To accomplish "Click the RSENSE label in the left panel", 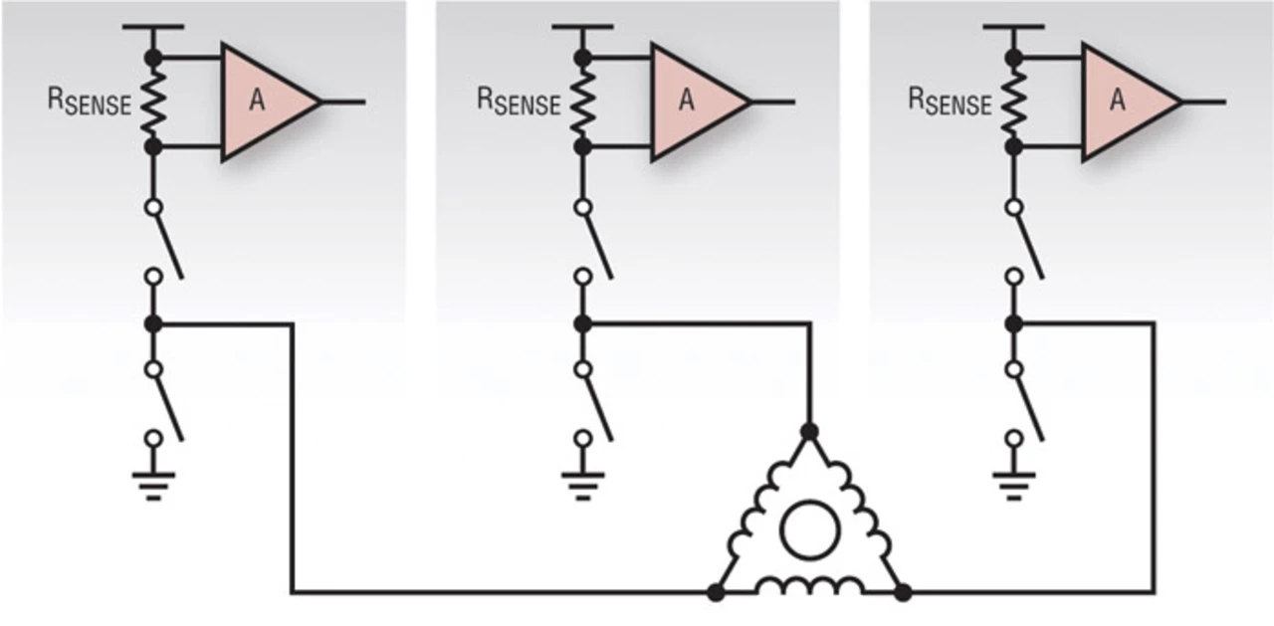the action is [x=90, y=102].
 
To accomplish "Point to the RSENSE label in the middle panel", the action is [x=519, y=102].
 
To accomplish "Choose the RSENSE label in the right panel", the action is [x=950, y=102].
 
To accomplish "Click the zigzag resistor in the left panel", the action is [x=153, y=103].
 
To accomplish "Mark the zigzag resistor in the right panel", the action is [x=1014, y=103].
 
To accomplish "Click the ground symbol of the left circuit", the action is [x=153, y=486].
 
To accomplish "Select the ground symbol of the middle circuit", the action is [x=583, y=486].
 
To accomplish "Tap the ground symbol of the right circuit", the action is [x=1014, y=486].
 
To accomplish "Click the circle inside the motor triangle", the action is [x=810, y=529].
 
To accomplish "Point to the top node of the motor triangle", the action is [x=810, y=432].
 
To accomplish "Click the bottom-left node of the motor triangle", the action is [x=716, y=593].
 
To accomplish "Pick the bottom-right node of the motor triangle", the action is [x=903, y=593].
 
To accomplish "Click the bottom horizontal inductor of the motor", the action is [x=810, y=585].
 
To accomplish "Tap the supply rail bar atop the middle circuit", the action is [x=583, y=27].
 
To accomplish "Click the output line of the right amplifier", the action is [x=1204, y=103].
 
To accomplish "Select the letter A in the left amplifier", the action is [x=257, y=101].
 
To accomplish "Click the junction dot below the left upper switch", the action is [x=153, y=324].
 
